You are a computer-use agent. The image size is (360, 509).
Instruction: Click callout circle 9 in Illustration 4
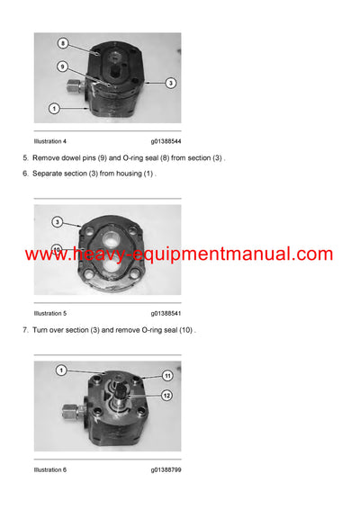(63, 67)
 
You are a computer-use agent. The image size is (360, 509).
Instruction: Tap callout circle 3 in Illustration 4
(170, 82)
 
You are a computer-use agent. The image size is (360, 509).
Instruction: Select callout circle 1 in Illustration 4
(54, 109)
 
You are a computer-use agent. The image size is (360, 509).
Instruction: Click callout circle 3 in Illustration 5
(57, 221)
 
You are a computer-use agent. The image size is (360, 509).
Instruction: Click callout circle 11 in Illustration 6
(166, 375)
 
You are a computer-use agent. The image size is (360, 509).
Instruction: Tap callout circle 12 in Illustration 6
(166, 395)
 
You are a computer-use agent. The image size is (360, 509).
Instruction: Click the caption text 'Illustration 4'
(49, 141)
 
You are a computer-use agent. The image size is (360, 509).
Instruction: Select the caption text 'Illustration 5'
(49, 313)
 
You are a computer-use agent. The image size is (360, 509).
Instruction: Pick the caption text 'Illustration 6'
(49, 469)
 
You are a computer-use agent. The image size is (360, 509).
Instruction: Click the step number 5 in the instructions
(25, 158)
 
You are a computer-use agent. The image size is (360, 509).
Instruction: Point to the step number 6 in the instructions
(25, 173)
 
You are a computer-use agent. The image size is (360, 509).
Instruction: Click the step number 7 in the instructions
(25, 330)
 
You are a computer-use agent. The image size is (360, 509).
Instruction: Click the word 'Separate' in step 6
(49, 173)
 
